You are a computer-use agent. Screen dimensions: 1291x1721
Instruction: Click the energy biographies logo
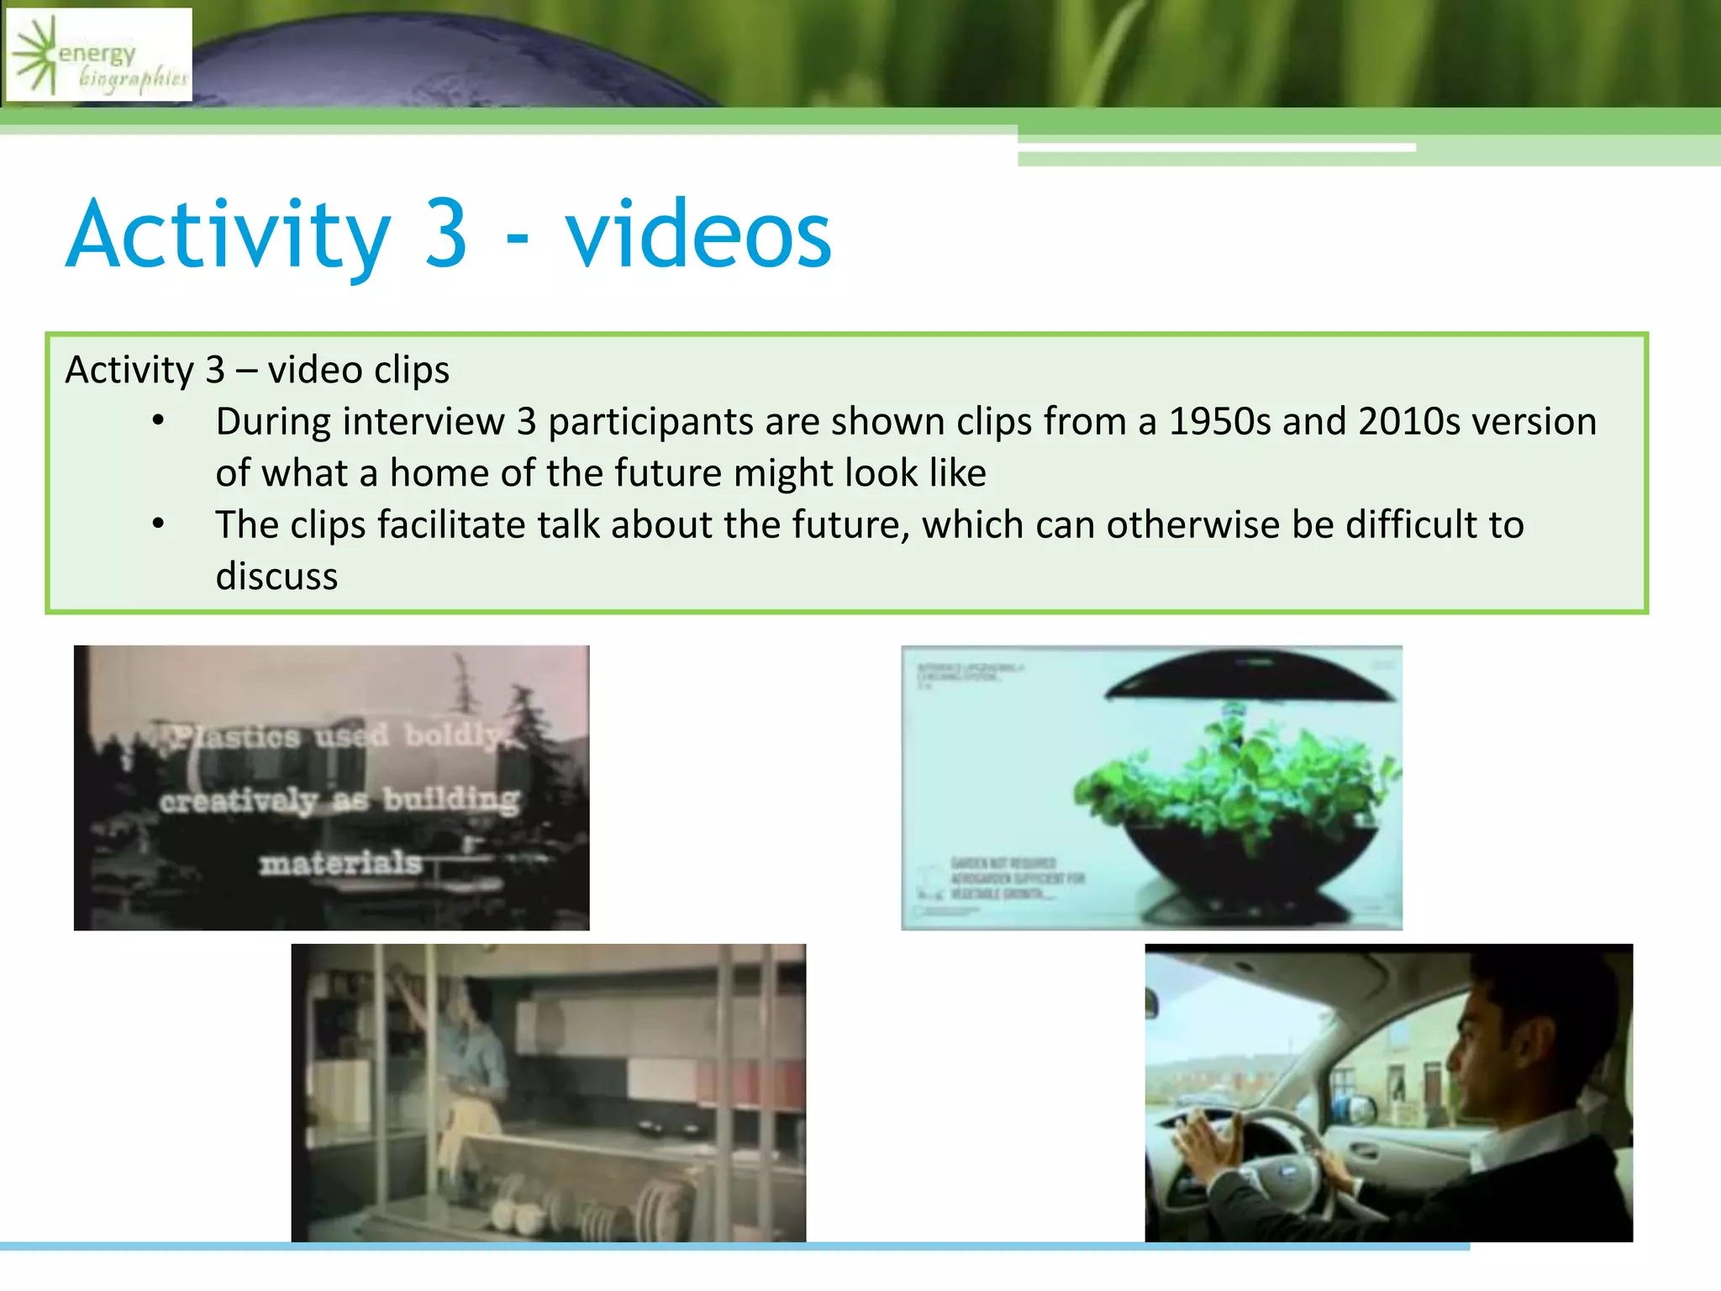[99, 55]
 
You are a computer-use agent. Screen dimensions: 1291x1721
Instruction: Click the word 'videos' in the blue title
[697, 234]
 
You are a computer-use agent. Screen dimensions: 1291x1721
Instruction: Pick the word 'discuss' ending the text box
[276, 577]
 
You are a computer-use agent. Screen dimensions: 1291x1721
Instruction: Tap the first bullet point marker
[158, 420]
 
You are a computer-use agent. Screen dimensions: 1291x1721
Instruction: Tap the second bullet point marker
[158, 524]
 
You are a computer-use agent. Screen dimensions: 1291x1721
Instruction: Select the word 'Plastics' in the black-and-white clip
[236, 737]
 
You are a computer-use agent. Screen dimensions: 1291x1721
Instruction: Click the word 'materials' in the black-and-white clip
[340, 863]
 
